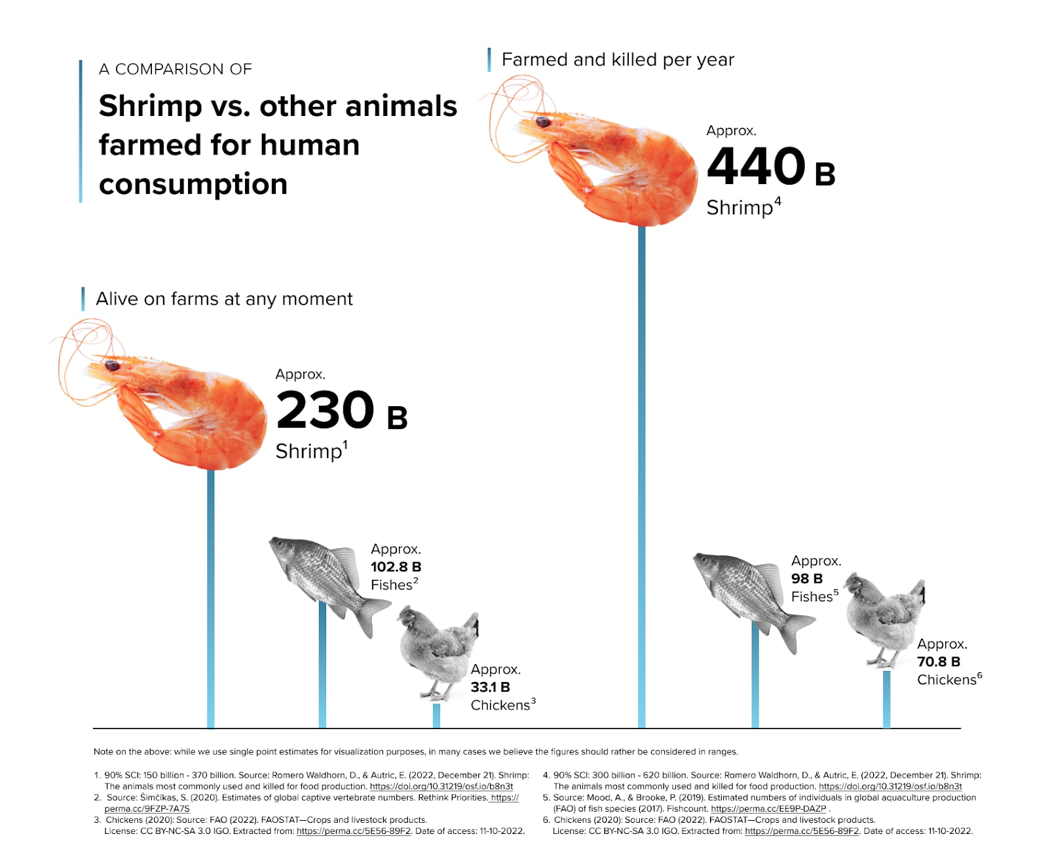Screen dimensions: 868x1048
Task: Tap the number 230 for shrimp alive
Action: coord(325,410)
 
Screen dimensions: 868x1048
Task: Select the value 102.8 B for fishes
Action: coord(396,567)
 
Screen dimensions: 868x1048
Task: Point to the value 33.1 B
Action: coord(490,687)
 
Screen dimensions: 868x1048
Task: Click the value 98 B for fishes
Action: coord(806,578)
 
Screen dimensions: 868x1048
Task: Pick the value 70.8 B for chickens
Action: coord(938,662)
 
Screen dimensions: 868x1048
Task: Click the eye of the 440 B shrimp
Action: coord(543,122)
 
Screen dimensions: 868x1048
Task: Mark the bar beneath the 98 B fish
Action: coord(755,681)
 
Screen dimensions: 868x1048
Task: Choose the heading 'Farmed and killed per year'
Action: coord(618,60)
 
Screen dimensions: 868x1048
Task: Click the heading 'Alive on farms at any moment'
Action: coord(224,299)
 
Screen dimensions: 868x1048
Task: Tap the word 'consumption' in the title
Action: coord(193,184)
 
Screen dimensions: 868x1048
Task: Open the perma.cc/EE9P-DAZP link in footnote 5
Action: coord(768,808)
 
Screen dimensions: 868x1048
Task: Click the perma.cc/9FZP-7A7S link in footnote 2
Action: coord(147,808)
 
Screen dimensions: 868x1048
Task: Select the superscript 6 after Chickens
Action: coord(979,675)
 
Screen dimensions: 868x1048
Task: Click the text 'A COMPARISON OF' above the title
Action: coord(175,69)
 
